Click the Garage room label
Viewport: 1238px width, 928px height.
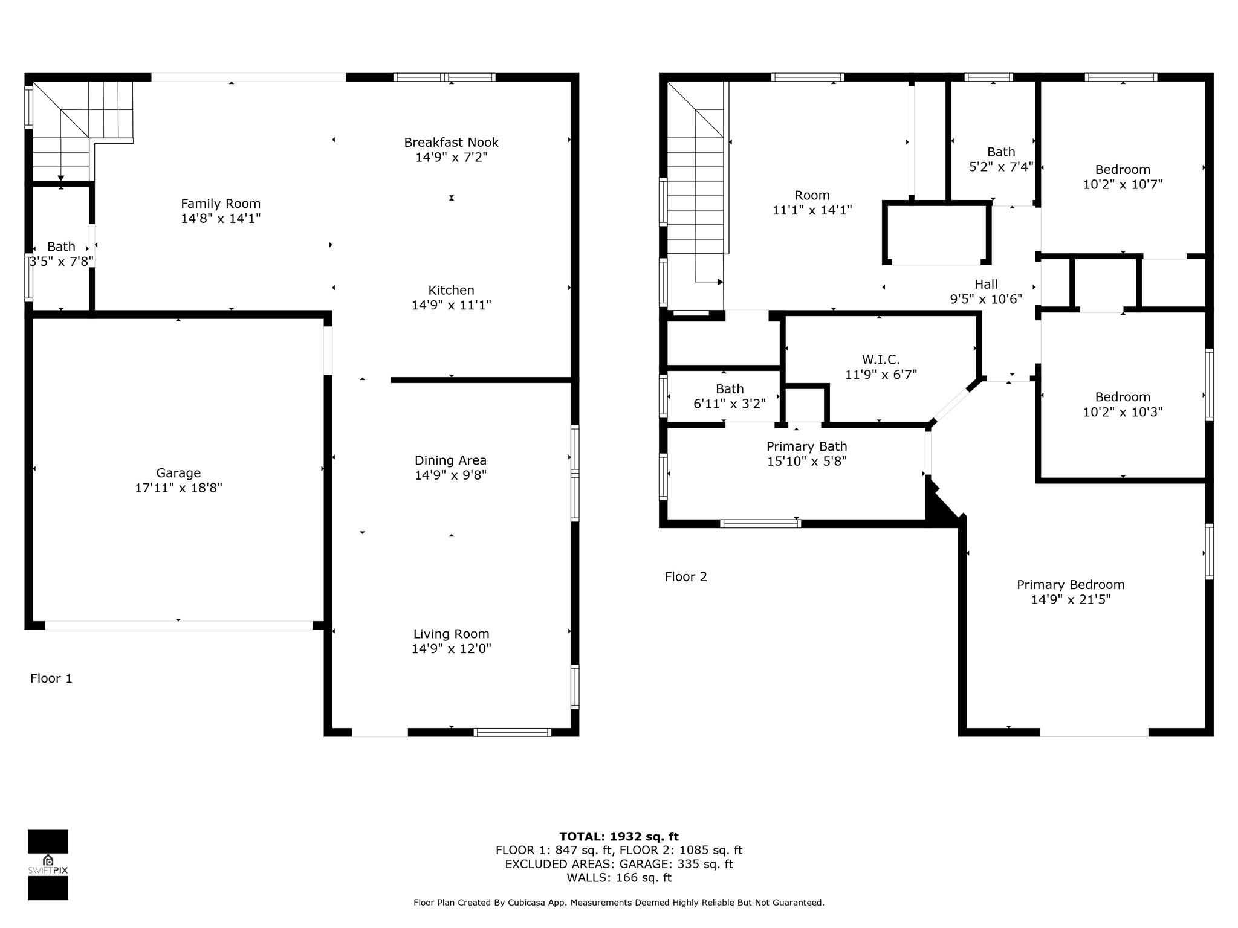178,473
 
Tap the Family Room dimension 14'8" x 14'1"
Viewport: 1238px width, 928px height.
221,219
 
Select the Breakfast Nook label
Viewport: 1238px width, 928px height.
452,143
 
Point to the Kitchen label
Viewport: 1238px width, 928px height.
452,290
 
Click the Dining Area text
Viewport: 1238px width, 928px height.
450,461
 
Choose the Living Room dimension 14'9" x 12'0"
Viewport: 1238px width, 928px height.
452,649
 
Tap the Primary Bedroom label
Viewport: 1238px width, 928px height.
1071,585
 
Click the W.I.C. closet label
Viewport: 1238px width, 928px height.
881,360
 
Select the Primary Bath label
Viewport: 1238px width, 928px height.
807,446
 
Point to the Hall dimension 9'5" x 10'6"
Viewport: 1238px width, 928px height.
986,299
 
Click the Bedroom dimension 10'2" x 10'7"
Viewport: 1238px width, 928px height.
1123,184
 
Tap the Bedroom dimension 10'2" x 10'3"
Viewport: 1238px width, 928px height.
1123,412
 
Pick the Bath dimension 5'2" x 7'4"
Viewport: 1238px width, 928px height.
1001,167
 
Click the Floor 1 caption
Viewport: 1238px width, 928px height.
51,678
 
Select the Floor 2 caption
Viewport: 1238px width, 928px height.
685,577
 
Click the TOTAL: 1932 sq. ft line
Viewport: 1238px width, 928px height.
619,837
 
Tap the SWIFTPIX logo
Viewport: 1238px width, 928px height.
48,865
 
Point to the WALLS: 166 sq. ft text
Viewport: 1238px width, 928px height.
619,878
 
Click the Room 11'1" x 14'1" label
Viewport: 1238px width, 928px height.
812,203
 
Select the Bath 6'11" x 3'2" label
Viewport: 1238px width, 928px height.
730,396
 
